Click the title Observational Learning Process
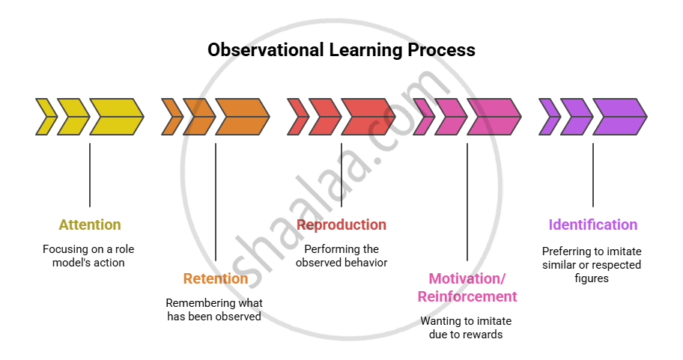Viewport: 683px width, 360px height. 341,50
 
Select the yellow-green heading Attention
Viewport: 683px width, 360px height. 90,225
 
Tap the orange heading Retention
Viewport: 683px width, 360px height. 216,278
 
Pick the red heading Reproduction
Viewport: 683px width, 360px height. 341,225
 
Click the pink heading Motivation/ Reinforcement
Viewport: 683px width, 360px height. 467,287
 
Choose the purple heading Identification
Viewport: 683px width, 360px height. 593,225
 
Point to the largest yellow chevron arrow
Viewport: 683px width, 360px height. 117,117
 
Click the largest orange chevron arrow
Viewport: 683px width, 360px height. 243,117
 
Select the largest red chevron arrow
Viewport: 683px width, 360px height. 368,117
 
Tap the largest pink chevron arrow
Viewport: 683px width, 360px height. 494,117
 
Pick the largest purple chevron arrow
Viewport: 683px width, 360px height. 620,117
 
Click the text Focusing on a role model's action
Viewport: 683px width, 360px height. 88,256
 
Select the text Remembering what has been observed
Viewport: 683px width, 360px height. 214,310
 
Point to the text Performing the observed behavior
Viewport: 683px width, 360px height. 341,256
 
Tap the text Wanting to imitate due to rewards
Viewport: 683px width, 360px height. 466,328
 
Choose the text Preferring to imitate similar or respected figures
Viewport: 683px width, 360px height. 592,265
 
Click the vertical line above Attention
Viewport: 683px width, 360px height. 90,175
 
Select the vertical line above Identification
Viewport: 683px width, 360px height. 593,175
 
